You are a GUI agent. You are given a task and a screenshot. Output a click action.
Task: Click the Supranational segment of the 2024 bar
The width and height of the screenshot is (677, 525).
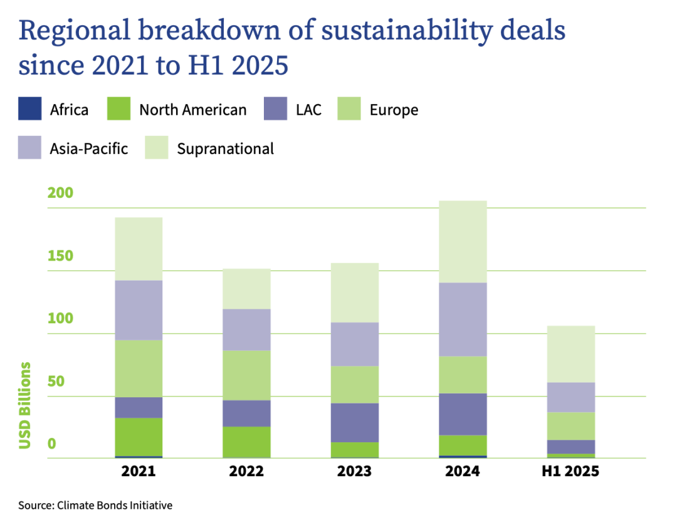click(x=463, y=241)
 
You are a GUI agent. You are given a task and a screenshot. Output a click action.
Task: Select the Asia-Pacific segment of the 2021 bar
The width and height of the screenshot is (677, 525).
click(x=139, y=310)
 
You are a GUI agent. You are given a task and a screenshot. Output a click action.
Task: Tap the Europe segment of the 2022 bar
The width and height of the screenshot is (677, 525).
click(x=247, y=375)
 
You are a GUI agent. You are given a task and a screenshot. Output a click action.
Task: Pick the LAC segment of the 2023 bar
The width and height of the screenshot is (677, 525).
click(x=355, y=422)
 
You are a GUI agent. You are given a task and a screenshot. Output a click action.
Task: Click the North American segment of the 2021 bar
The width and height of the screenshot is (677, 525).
click(x=139, y=437)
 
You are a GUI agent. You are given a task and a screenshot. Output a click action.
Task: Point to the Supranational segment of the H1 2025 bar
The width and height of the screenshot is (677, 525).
click(x=571, y=354)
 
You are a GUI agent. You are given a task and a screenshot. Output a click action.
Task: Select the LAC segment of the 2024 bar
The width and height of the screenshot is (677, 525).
click(x=463, y=413)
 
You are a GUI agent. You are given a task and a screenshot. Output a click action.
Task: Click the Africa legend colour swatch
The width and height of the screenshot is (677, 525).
click(x=30, y=110)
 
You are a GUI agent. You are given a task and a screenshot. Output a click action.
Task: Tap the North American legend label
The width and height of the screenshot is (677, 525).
click(x=192, y=110)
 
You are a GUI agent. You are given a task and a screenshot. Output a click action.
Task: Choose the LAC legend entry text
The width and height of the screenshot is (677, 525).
click(x=308, y=110)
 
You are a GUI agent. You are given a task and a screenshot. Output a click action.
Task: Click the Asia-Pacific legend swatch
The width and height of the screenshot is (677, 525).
click(x=30, y=148)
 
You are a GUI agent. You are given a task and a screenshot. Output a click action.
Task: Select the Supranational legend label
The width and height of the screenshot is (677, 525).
click(x=225, y=148)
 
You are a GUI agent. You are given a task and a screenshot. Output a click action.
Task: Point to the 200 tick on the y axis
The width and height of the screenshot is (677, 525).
click(x=61, y=193)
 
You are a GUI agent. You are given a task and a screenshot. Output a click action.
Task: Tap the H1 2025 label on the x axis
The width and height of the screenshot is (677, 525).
click(x=570, y=472)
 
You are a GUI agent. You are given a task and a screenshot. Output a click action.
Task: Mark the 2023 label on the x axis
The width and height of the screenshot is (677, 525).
click(x=355, y=472)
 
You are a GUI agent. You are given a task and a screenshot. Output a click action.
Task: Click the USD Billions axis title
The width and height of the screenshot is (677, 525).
click(x=25, y=405)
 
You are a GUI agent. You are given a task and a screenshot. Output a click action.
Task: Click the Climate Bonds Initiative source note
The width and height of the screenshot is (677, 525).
click(x=95, y=505)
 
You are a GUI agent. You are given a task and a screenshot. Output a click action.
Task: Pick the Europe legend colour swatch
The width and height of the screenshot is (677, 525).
click(x=349, y=110)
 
